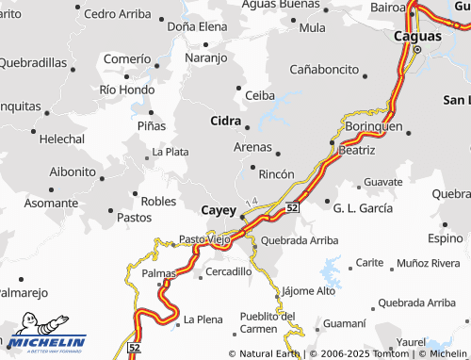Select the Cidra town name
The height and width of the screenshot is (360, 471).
coord(226,121)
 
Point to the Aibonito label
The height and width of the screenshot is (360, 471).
coord(72,172)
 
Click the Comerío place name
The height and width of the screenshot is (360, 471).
coord(126,58)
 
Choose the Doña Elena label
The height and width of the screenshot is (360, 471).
coord(197,27)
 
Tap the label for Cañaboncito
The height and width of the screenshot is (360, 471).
coord(324,70)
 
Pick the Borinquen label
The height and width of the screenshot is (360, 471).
coord(374,125)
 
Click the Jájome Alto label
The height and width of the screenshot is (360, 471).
coord(308,291)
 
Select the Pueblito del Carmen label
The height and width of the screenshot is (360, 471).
coord(267,322)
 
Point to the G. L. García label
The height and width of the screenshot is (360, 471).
coord(363,206)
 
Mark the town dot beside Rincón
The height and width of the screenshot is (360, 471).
coord(252,167)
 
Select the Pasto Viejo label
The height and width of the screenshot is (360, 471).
coord(204,239)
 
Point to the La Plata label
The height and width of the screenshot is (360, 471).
coord(170,152)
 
